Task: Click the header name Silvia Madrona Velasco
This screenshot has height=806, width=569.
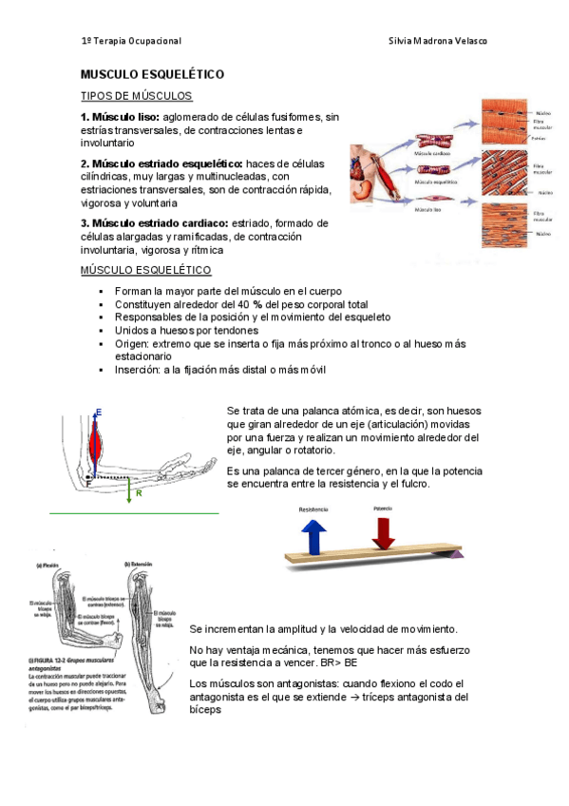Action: coord(439,42)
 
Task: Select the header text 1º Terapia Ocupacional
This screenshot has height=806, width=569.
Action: coord(131,42)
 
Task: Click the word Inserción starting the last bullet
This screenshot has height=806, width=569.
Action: coord(137,370)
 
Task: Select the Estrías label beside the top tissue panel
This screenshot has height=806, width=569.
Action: coord(539,137)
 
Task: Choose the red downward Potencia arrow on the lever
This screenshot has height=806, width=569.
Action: coord(383,530)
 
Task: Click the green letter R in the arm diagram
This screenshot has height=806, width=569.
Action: coord(139,494)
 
